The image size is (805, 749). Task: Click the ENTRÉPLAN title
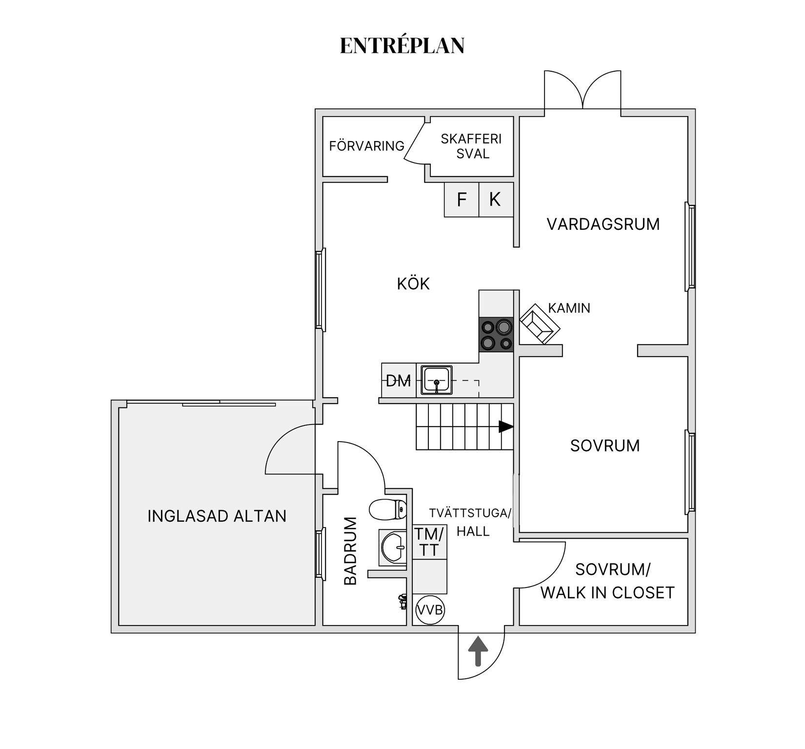point(402,46)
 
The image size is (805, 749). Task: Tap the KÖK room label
point(413,284)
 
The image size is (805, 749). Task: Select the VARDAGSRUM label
point(603,224)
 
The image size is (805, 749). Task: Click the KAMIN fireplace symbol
point(540,324)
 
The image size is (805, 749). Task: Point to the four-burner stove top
point(496,335)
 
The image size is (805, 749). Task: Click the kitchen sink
point(437,380)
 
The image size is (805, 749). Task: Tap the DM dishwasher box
point(399,381)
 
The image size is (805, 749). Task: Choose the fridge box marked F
point(462,200)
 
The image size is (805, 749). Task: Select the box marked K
point(496,200)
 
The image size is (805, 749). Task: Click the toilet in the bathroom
point(388,509)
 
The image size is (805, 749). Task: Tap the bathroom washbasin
point(393,547)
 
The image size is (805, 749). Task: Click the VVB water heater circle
point(429,610)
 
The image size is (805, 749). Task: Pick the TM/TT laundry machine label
point(429,542)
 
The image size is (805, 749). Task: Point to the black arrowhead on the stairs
point(506,427)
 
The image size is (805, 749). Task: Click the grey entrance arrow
point(478,651)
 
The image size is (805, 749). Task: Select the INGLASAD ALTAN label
point(217,516)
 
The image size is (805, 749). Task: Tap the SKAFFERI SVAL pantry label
point(471,146)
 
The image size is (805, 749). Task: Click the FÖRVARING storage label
point(366,146)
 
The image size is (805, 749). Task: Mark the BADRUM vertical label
point(351,551)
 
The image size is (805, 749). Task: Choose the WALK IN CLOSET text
point(607,593)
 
